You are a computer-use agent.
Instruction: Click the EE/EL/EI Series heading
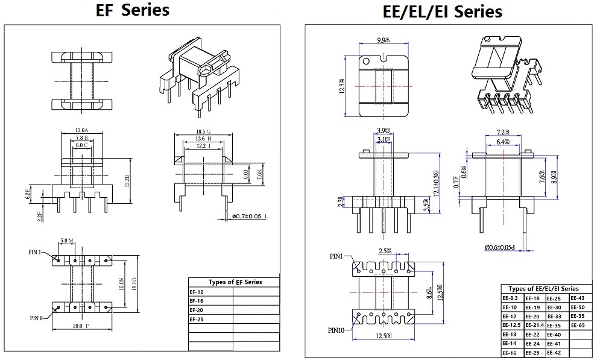point(442,11)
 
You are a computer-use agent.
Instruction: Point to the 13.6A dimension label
point(82,130)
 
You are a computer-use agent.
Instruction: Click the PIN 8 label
point(36,317)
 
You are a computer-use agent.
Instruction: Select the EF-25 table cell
point(197,319)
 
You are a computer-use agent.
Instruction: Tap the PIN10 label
point(336,330)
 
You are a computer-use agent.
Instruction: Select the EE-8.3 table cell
point(510,298)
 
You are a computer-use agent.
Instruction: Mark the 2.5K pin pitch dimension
point(385,250)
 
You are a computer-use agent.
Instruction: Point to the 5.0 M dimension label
point(67,241)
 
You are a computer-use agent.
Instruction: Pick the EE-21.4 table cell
point(534,325)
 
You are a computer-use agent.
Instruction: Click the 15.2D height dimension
point(127,179)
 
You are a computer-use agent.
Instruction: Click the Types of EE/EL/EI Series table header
point(543,289)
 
